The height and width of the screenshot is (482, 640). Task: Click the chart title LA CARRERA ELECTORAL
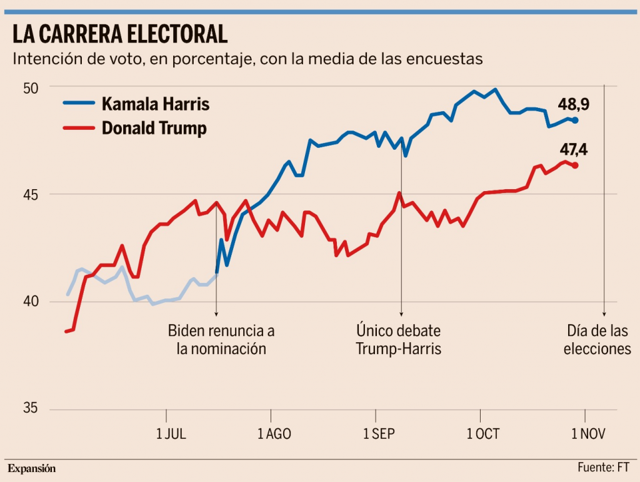[x=119, y=34]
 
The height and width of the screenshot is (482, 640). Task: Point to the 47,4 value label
[x=574, y=150]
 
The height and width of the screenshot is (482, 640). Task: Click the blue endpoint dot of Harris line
[x=575, y=120]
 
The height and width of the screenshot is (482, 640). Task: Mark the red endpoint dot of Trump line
[x=575, y=165]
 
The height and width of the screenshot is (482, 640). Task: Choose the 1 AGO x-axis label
[x=274, y=434]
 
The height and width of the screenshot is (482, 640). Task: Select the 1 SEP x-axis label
[x=379, y=434]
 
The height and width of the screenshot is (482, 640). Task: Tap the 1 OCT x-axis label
[x=483, y=434]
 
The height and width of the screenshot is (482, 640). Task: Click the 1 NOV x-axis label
[x=588, y=434]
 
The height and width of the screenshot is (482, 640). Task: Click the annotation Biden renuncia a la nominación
[x=221, y=339]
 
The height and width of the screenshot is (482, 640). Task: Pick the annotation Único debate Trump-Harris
[x=399, y=339]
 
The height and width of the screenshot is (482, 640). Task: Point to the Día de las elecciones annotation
[x=597, y=339]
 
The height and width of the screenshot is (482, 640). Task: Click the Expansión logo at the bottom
[x=31, y=468]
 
